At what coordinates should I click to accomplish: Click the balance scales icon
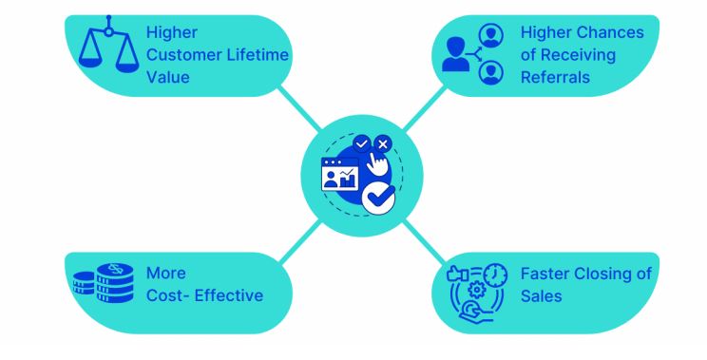(108, 44)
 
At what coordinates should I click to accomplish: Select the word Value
(168, 77)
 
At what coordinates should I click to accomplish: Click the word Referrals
(555, 77)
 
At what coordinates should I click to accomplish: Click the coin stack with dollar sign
(115, 283)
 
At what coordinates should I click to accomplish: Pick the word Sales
(541, 296)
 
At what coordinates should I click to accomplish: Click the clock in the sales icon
(495, 275)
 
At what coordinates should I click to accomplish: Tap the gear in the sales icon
(477, 290)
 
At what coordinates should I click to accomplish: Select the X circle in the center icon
(383, 144)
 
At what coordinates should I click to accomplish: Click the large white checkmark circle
(379, 199)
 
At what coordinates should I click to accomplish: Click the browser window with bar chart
(340, 175)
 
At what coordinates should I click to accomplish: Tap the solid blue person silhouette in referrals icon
(455, 54)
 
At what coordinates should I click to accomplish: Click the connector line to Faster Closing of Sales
(424, 242)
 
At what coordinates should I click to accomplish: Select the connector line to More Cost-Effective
(300, 241)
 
